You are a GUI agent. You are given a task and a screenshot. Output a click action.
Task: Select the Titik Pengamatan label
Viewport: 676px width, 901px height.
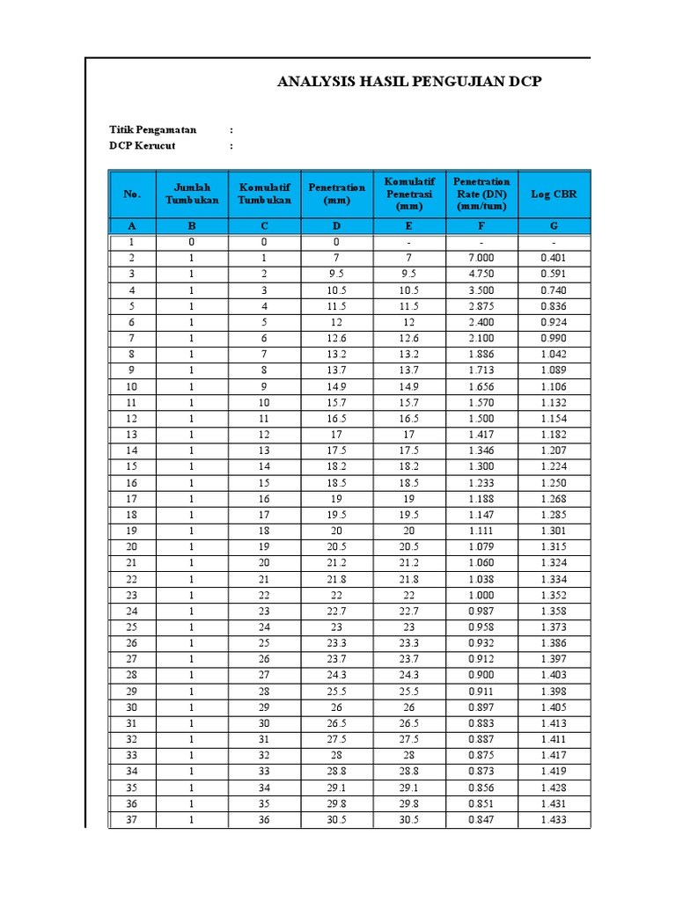coord(153,130)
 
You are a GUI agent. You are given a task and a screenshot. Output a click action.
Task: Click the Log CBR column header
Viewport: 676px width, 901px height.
coord(554,194)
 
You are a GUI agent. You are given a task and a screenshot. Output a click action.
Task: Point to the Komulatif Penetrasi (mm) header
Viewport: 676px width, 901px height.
coord(409,194)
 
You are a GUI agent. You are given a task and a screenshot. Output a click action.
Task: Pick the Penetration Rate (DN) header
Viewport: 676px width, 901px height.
coord(481,194)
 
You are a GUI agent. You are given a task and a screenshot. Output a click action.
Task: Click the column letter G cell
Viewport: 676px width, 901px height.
coord(554,226)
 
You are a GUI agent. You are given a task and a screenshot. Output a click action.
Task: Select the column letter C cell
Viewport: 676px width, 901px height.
coord(263,226)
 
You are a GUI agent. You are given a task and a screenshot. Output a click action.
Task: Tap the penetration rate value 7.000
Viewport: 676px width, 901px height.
coord(481,258)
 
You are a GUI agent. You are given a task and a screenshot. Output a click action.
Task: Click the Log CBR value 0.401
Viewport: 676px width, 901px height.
coord(554,258)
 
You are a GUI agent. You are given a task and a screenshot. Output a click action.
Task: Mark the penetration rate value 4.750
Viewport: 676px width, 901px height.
coord(481,275)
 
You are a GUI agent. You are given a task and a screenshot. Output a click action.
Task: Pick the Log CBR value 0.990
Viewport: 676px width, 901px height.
coord(554,339)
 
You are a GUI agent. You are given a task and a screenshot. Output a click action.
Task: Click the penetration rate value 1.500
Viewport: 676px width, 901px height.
coord(481,419)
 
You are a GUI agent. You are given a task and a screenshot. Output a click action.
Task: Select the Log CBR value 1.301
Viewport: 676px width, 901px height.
coord(554,531)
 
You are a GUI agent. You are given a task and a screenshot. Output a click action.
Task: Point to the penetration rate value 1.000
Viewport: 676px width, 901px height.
coord(481,596)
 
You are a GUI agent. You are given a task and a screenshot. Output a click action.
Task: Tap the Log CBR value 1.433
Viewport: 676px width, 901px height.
coord(554,820)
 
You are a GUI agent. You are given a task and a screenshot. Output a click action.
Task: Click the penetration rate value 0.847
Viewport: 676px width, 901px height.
coord(481,820)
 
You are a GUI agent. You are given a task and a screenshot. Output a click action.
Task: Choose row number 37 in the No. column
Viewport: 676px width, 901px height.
coord(131,820)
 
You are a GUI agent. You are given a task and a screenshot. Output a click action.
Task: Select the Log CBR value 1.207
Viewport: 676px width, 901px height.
coord(554,450)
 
